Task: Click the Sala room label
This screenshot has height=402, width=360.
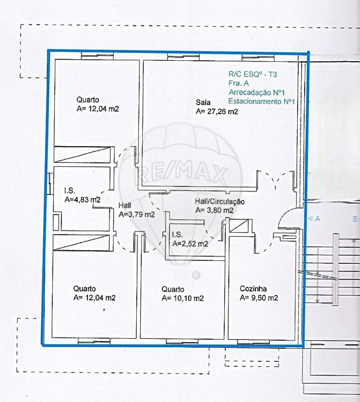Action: pos(203,101)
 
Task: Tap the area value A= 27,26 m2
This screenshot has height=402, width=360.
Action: pos(217,112)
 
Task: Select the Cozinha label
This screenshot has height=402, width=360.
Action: pos(253,289)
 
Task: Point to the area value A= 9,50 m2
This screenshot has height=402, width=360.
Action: pos(259,298)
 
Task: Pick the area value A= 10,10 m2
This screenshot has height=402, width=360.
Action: pos(183,298)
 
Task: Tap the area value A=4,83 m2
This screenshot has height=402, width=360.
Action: pos(82,199)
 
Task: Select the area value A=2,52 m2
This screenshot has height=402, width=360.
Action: pos(190,243)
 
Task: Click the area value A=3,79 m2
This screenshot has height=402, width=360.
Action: pos(137,215)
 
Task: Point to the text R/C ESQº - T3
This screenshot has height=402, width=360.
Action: pos(252,74)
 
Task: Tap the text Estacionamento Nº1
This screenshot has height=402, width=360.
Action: pos(261,102)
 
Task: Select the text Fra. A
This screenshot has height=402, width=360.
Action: pos(238,83)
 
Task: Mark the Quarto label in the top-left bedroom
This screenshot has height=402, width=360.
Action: pos(88,100)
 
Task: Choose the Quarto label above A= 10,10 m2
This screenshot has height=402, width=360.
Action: pos(173,289)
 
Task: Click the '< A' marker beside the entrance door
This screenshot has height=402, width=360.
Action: pos(314,219)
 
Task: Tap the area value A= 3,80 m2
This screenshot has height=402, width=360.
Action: pos(214,210)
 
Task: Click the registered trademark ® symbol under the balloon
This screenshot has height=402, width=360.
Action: pos(196,275)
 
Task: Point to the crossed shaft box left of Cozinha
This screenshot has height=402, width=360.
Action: pos(239,227)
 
